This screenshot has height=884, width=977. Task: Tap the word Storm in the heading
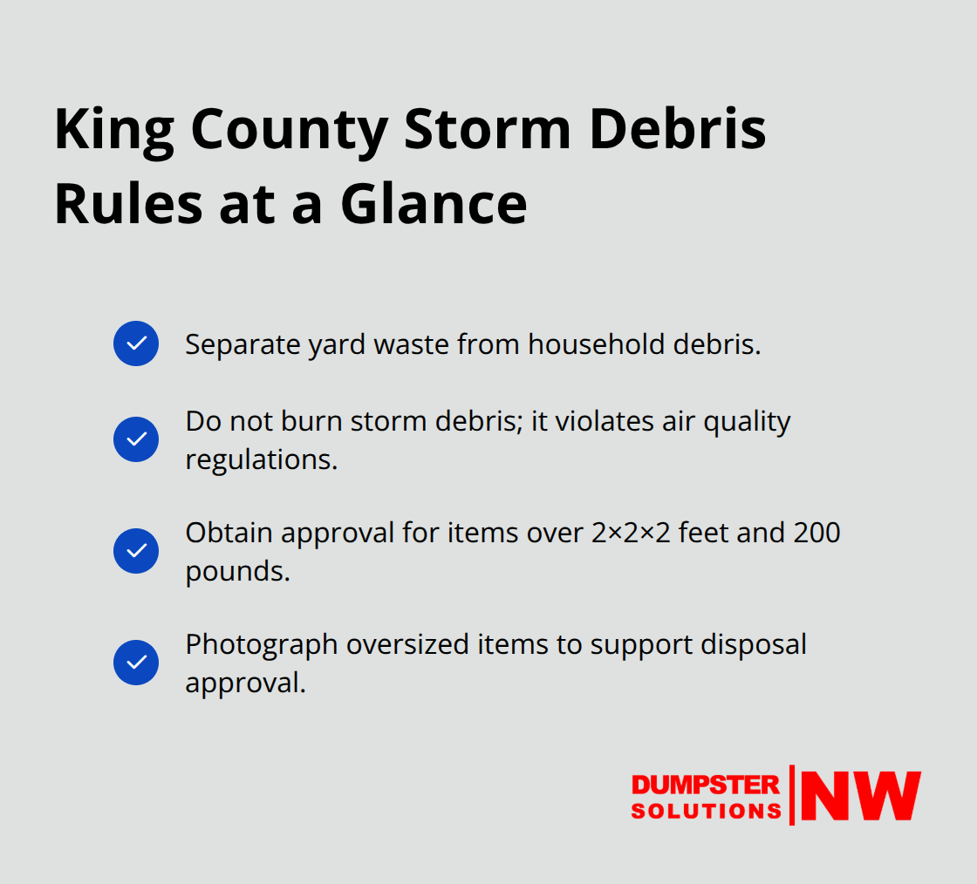click(488, 130)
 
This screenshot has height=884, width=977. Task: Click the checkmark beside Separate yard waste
click(136, 343)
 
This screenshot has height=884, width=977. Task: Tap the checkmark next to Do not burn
click(136, 439)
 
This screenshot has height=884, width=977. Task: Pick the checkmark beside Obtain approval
click(136, 551)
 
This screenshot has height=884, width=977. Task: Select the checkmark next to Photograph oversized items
click(136, 663)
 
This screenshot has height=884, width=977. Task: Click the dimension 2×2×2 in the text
click(631, 533)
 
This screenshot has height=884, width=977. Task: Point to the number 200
click(816, 533)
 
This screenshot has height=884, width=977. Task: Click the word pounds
click(236, 571)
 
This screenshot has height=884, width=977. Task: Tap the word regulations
click(261, 459)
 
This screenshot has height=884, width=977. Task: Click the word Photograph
click(261, 644)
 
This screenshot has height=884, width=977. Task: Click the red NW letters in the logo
click(860, 796)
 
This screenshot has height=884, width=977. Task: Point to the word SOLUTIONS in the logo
click(706, 811)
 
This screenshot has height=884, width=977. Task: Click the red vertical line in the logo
click(792, 795)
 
